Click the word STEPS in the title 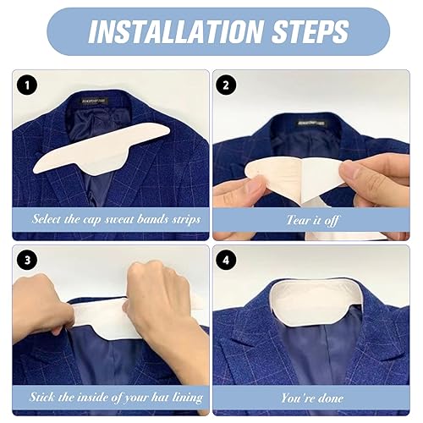[x=305, y=32]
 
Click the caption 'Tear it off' [x=316, y=219]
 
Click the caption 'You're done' [x=316, y=396]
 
